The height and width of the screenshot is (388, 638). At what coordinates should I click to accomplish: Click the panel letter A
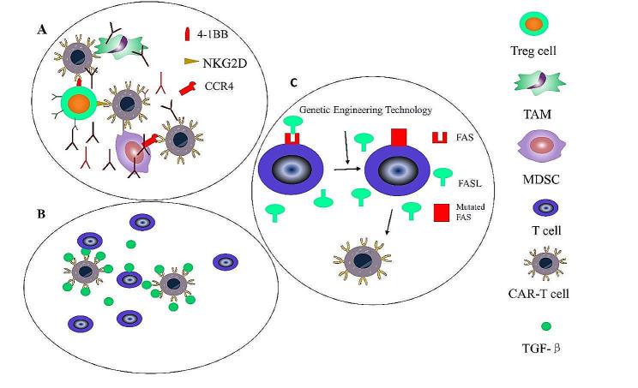(41, 29)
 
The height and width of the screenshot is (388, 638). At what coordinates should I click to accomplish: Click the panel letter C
(294, 83)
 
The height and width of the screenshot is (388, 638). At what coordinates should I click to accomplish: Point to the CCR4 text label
(215, 86)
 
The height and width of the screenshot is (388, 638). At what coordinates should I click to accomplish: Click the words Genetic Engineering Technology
(358, 110)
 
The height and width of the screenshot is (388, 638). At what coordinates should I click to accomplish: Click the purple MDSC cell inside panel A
(131, 152)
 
